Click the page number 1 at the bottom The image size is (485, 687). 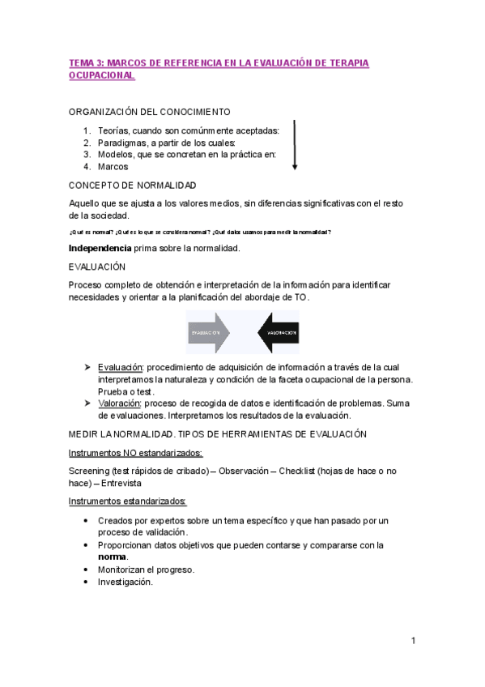click(413, 641)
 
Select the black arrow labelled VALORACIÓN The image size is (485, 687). click(278, 332)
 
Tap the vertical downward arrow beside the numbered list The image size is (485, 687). click(295, 145)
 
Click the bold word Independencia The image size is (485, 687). click(100, 248)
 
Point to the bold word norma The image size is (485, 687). click(112, 557)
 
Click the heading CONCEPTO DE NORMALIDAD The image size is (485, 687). click(132, 186)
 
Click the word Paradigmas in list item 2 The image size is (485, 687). click(124, 143)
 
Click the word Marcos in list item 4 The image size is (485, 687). click(113, 167)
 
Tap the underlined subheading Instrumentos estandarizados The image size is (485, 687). click(127, 501)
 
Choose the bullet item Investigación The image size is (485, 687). click(125, 582)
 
